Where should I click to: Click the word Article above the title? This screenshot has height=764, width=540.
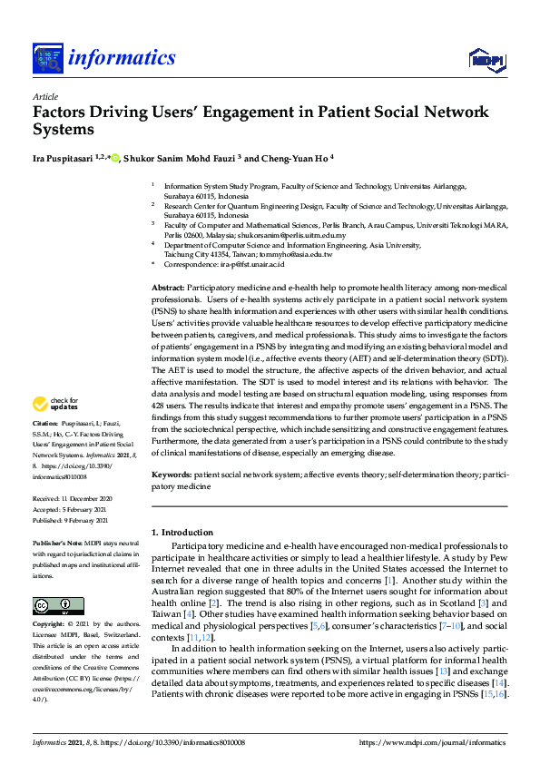44,96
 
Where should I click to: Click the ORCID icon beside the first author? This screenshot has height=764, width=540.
115,156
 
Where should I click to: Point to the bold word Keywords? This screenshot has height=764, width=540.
170,475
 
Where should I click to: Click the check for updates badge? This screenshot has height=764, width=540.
55,405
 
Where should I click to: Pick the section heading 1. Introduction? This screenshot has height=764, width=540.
182,532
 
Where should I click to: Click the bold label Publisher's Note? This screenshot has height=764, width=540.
55,542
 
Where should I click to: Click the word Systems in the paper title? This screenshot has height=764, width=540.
64,129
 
